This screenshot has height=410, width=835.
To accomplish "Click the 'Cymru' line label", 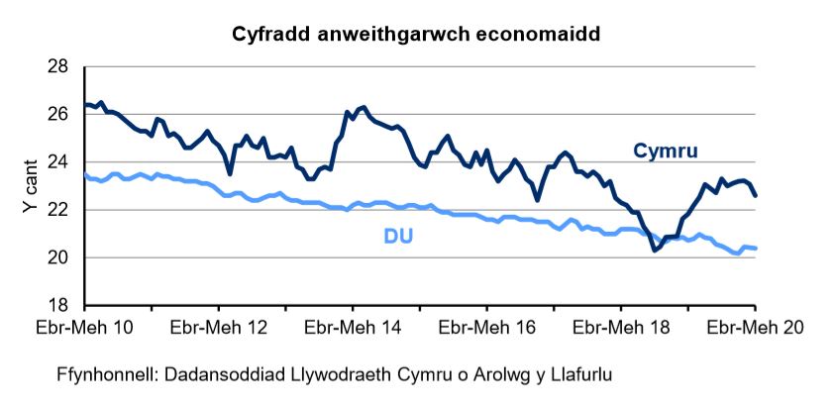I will [666, 151].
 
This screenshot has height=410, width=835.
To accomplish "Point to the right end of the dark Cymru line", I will [757, 196].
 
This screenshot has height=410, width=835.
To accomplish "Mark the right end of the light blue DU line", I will [757, 248].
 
